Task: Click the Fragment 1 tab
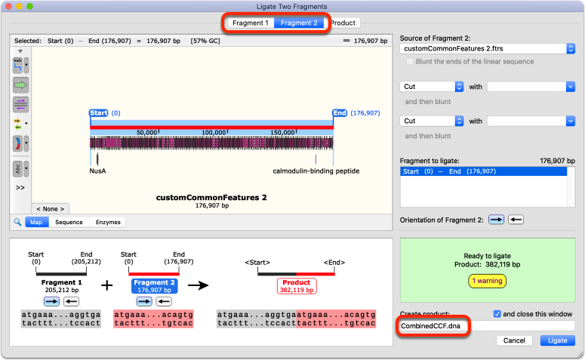pyautogui.click(x=251, y=23)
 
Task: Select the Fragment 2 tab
pyautogui.click(x=299, y=23)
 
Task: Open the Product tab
pyautogui.click(x=343, y=23)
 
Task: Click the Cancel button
pyautogui.click(x=514, y=340)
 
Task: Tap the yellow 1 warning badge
pyautogui.click(x=487, y=281)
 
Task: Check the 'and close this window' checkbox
pyautogui.click(x=497, y=314)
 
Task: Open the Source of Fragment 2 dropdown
pyautogui.click(x=488, y=48)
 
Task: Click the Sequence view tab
pyautogui.click(x=69, y=222)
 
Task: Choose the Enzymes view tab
pyautogui.click(x=108, y=222)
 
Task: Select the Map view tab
pyautogui.click(x=36, y=222)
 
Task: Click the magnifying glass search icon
pyautogui.click(x=17, y=222)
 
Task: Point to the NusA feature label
pyautogui.click(x=97, y=171)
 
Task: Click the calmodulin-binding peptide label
pyautogui.click(x=316, y=171)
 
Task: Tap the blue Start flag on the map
pyautogui.click(x=98, y=113)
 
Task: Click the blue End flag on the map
pyautogui.click(x=340, y=113)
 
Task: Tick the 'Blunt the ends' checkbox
pyautogui.click(x=410, y=62)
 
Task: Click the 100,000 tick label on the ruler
pyautogui.click(x=214, y=132)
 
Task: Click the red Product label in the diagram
pyautogui.click(x=296, y=282)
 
